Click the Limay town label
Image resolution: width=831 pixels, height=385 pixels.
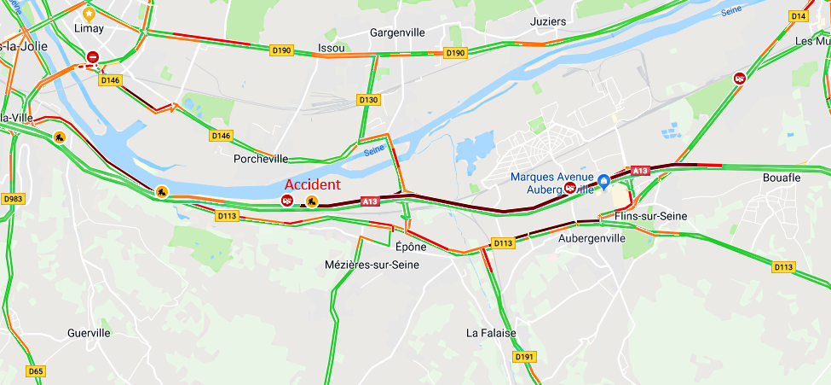(89, 29)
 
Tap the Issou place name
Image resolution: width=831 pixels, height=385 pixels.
(331, 48)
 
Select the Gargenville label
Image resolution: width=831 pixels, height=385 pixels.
(397, 32)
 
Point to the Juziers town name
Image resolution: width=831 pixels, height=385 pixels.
(547, 21)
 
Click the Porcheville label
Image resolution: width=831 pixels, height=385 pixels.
(260, 159)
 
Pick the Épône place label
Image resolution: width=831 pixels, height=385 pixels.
(411, 247)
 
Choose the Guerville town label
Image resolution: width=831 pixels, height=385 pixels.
(89, 333)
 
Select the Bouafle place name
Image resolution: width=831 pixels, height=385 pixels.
(781, 178)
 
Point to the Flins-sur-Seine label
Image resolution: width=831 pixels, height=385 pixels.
(650, 216)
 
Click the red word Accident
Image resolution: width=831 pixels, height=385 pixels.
(312, 184)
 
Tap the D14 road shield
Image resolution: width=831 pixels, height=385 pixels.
(798, 16)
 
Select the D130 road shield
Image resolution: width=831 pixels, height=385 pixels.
(368, 100)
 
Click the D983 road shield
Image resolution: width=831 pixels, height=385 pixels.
(12, 199)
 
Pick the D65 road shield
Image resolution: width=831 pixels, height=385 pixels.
(35, 371)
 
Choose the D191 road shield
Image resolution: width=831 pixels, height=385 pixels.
(525, 357)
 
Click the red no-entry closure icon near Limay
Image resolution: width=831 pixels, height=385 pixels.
(93, 57)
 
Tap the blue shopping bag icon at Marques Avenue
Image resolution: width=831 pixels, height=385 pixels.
(603, 181)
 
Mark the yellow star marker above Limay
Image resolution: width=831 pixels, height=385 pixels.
(89, 14)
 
